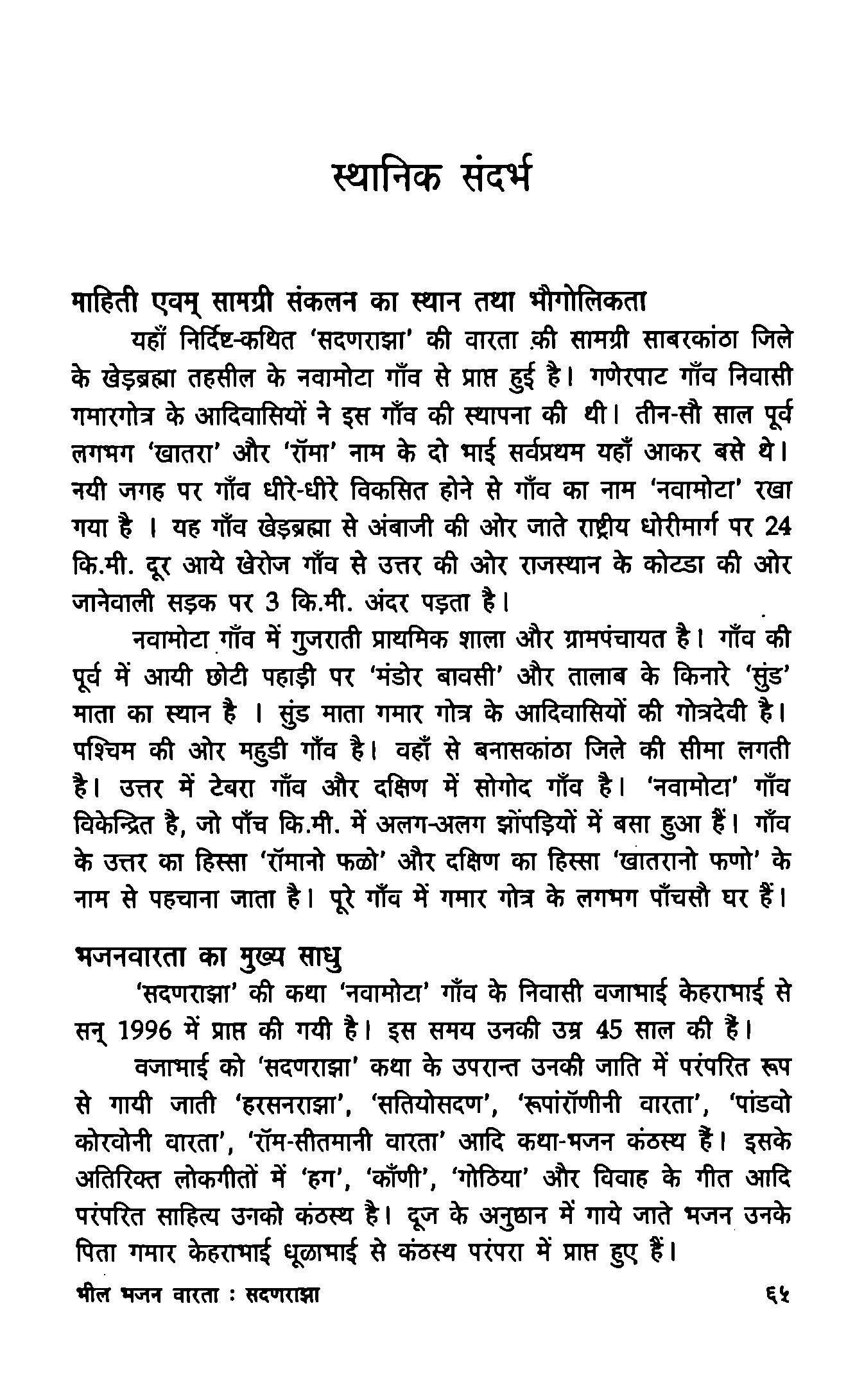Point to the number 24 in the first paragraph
click(777, 527)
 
